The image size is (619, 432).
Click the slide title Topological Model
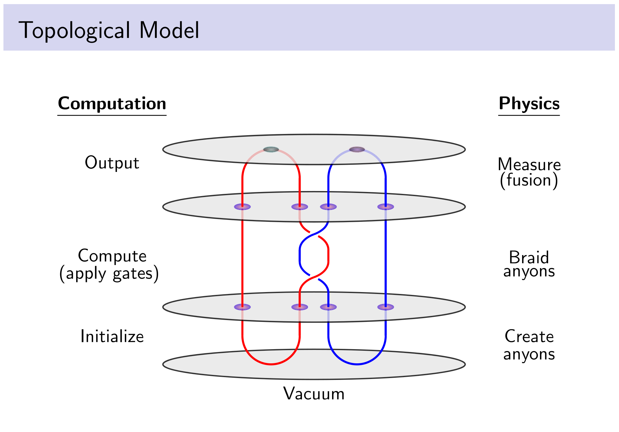[109, 30]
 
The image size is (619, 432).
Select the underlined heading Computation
[112, 104]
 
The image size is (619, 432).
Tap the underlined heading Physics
[529, 104]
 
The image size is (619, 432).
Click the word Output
[112, 163]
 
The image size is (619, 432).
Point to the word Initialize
[112, 336]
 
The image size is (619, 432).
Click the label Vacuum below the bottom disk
[314, 393]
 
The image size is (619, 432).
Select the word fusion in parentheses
[529, 180]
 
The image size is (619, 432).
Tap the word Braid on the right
[529, 258]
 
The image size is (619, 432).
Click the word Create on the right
[529, 336]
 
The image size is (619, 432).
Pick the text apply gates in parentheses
[109, 274]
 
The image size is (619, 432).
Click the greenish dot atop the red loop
[271, 149]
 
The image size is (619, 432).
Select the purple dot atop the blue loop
[357, 149]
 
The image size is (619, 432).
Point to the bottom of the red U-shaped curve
[271, 364]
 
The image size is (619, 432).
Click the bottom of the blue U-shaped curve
[357, 364]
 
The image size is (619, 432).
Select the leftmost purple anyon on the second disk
[242, 206]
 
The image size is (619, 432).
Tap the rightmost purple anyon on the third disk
[385, 307]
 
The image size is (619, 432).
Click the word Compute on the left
[112, 256]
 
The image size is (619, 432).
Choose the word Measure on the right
[529, 164]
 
